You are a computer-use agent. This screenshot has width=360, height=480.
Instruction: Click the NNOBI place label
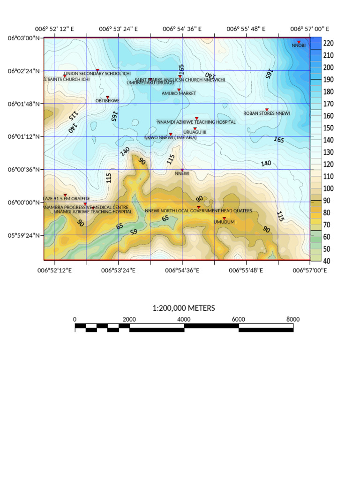pos(299,45)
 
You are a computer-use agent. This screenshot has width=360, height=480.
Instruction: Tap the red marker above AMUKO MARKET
pos(179,90)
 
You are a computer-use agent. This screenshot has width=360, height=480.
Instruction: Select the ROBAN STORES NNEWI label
pos(267,113)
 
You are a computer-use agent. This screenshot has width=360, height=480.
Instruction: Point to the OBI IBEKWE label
pos(108,101)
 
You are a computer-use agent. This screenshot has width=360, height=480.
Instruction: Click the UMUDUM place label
pos(224,222)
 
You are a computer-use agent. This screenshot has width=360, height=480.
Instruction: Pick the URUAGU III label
pos(195,132)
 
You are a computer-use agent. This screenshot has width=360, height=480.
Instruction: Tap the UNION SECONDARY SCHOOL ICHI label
pos(97,74)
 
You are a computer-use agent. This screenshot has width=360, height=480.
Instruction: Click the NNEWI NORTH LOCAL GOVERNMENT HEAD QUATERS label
pos(198,211)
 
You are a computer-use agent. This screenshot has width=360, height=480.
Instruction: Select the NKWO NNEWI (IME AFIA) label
pos(171,138)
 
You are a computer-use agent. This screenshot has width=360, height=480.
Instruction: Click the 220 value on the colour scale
pos(328,43)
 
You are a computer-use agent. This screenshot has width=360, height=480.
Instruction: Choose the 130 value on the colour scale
pos(328,152)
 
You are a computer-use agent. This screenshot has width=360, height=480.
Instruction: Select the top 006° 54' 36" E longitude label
pos(182,29)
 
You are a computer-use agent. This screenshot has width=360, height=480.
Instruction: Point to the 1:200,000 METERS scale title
pos(184,308)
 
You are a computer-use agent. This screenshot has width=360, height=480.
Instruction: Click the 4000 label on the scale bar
pos(184,319)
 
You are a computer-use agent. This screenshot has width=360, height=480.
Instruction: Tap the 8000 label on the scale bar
pos(293,319)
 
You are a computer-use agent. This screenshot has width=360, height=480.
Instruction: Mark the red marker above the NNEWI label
pos(182,170)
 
